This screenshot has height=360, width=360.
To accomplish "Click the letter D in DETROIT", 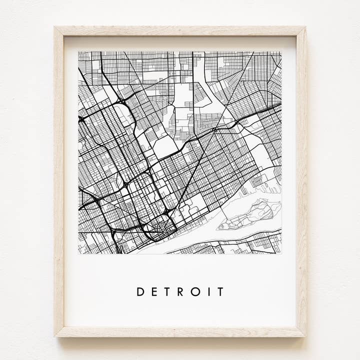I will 140,291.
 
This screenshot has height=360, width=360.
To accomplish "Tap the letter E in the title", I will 154,291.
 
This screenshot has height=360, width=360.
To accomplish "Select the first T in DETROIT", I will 167,291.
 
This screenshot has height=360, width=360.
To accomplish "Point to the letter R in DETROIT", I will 180,291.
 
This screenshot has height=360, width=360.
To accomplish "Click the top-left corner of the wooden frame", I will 54,27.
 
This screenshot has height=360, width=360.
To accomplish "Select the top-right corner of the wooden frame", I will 305,27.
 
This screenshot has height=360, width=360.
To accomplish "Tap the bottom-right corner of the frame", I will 305,336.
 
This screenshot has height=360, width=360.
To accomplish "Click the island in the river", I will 250,215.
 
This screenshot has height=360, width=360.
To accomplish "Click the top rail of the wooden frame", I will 180,31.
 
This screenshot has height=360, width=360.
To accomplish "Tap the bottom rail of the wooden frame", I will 180,331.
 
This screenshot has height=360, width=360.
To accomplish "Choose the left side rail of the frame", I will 59,180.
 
